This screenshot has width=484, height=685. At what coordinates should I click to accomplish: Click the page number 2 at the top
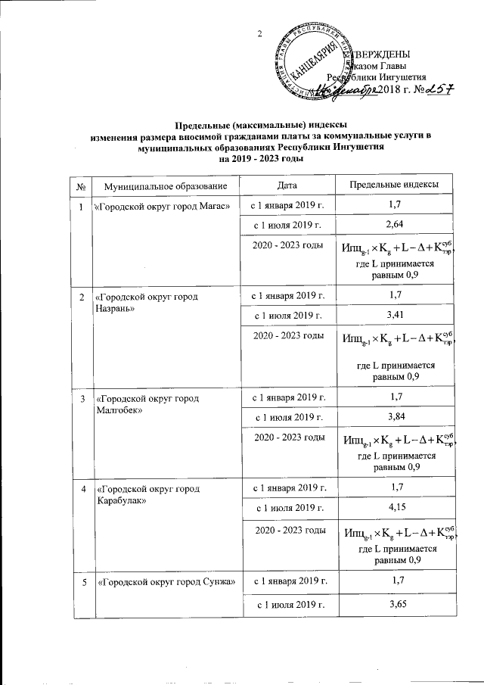[259, 33]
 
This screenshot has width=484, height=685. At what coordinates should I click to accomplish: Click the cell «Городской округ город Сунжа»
[163, 582]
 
